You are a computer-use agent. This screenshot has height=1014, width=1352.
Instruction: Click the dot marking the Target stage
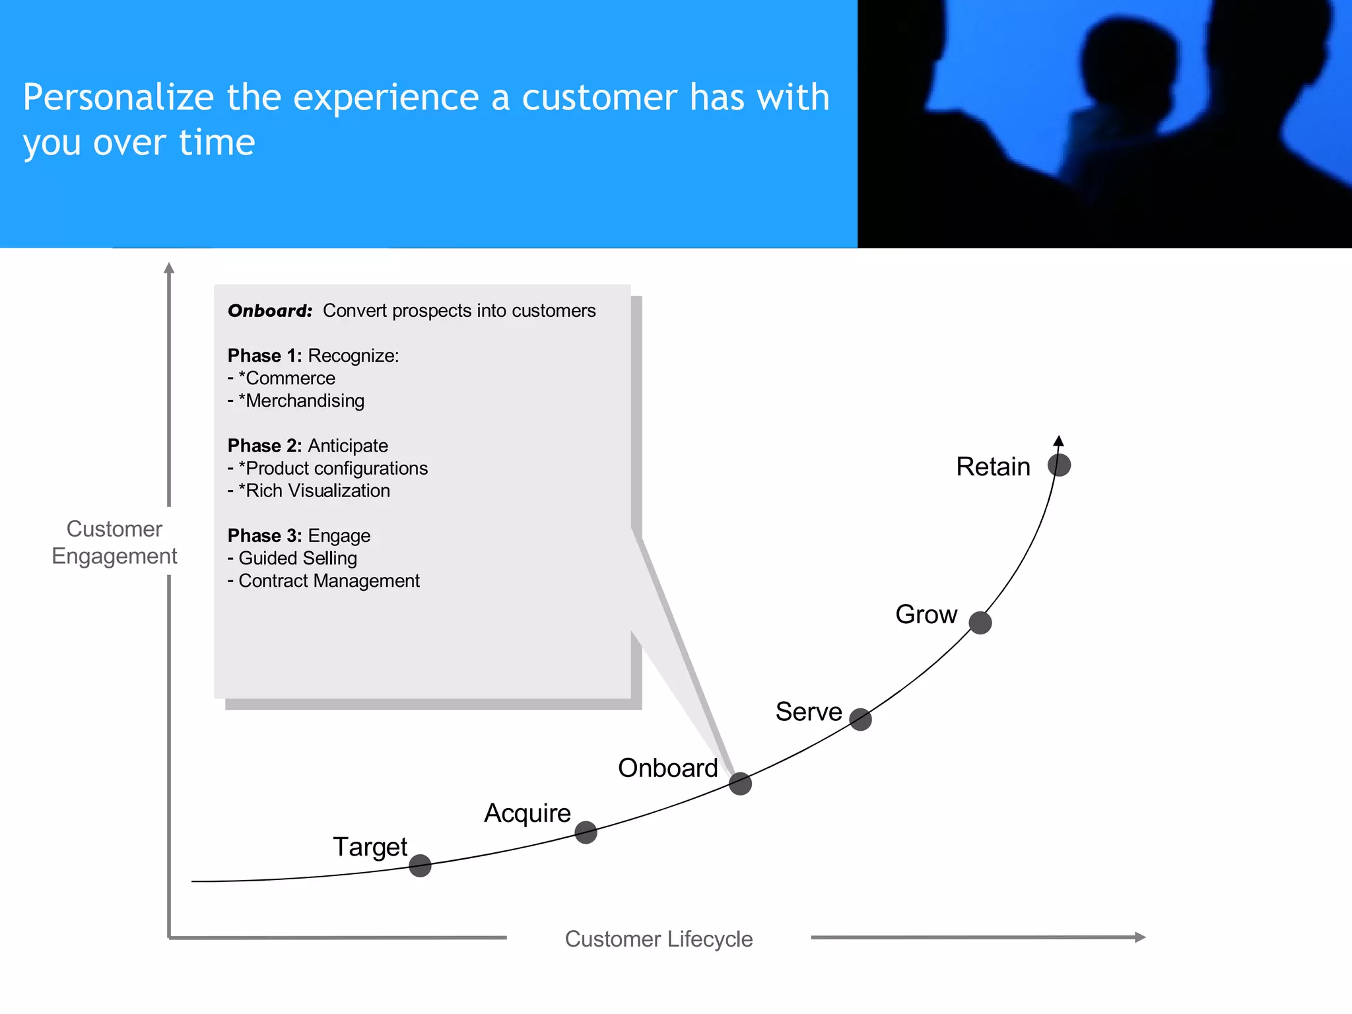(x=420, y=865)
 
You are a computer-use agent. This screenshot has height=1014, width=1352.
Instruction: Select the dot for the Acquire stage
(x=586, y=832)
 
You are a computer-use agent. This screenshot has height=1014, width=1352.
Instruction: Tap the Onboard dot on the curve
(x=740, y=784)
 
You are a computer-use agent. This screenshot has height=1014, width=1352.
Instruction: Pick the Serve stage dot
(x=860, y=719)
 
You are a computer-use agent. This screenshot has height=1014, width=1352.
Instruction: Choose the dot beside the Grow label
(x=980, y=623)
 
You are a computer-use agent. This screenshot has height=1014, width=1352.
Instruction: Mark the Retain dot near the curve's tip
(x=1059, y=465)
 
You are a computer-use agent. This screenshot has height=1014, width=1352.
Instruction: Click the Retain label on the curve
(x=993, y=467)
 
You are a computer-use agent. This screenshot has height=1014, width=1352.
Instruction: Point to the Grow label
(x=926, y=615)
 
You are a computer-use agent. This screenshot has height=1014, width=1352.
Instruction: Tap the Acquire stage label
(x=527, y=813)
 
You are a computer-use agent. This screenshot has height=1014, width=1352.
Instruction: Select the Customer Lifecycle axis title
(x=658, y=939)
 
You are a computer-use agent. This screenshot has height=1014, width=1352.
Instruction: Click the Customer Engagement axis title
(x=114, y=543)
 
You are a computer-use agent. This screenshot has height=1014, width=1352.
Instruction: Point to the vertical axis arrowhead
(x=169, y=268)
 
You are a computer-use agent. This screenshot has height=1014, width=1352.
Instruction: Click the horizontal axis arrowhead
(x=1139, y=937)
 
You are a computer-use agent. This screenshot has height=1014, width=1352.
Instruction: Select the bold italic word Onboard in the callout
(x=270, y=311)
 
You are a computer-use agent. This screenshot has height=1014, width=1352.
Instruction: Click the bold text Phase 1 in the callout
(x=264, y=356)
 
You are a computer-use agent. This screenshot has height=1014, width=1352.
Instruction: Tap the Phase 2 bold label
(x=264, y=446)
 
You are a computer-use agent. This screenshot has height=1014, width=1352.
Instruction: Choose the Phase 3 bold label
(x=264, y=535)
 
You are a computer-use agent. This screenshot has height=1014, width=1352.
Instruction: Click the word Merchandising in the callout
(x=304, y=401)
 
